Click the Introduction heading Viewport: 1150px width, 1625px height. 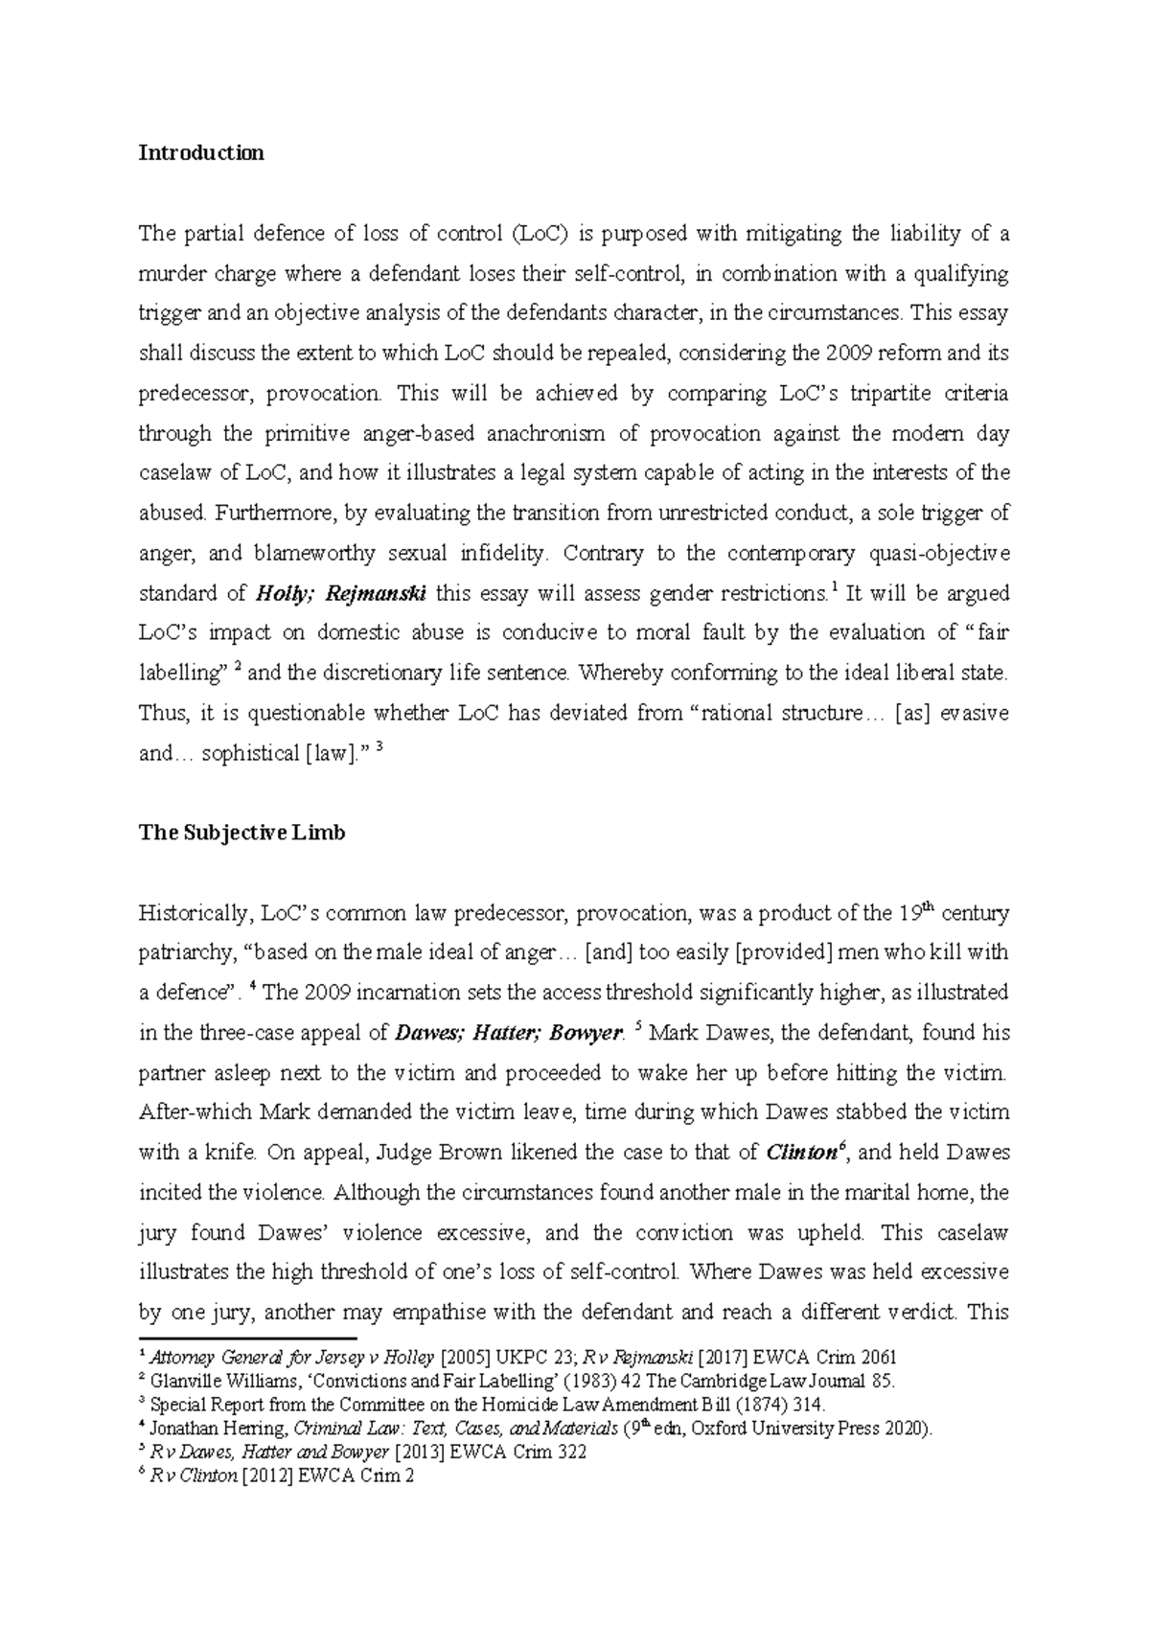(x=201, y=153)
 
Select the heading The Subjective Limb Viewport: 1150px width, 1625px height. (x=241, y=833)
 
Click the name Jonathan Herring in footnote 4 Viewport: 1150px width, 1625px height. (x=219, y=1430)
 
